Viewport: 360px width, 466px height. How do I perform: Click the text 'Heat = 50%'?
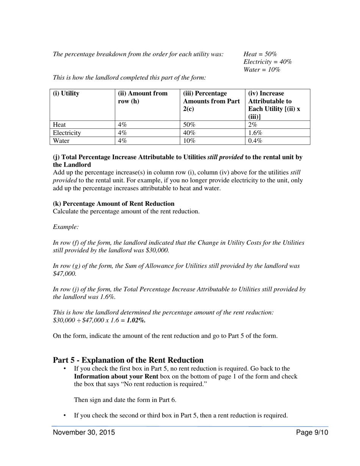[x=260, y=54]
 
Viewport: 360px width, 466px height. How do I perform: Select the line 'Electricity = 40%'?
[x=268, y=62]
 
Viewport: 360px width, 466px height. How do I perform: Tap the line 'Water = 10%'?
[x=262, y=70]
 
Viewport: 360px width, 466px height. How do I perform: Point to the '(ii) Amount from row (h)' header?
[x=142, y=97]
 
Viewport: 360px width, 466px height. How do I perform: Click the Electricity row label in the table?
[x=67, y=133]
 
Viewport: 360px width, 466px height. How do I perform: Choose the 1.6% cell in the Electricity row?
[x=255, y=133]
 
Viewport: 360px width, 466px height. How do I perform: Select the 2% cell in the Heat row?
[x=252, y=125]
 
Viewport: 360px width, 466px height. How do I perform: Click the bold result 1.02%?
[x=136, y=320]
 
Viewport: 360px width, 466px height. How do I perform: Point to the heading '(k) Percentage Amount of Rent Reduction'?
[x=114, y=203]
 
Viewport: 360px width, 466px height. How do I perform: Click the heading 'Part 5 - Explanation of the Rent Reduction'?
[x=128, y=360]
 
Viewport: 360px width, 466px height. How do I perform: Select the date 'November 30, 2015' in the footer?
[x=84, y=433]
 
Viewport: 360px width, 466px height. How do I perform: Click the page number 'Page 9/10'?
[x=312, y=433]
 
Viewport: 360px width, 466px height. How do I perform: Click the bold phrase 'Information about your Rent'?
[x=116, y=377]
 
